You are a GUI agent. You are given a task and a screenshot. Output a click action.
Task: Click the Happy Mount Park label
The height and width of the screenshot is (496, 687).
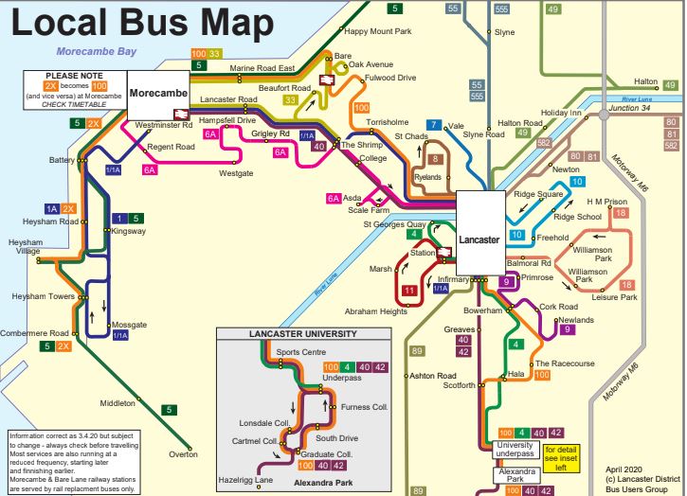[377, 31]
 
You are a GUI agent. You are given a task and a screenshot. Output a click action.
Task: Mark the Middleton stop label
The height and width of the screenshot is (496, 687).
[118, 403]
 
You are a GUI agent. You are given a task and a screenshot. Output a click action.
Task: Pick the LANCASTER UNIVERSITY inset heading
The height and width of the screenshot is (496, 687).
[289, 334]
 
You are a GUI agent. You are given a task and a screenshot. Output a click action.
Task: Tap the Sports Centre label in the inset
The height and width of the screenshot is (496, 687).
[300, 352]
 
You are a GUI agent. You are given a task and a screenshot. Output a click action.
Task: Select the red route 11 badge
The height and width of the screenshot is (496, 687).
[408, 290]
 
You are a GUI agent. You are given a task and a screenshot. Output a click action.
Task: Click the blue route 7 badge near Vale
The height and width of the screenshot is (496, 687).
[433, 125]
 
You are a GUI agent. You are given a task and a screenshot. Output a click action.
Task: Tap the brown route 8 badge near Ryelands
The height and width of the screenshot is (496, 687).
[436, 160]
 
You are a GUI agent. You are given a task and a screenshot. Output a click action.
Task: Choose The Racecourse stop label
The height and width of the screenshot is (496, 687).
[565, 363]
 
